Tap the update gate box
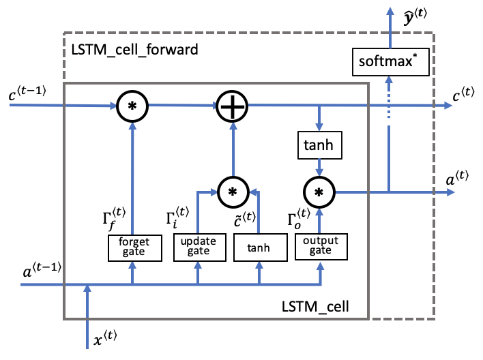pos(198,246)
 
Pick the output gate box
pos(320,246)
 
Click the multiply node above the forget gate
pos(132,105)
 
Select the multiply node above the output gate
pos(319,192)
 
